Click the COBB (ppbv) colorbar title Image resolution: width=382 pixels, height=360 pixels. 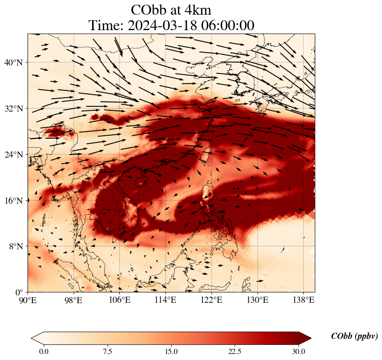354,336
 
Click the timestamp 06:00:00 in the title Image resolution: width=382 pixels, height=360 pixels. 228,25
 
